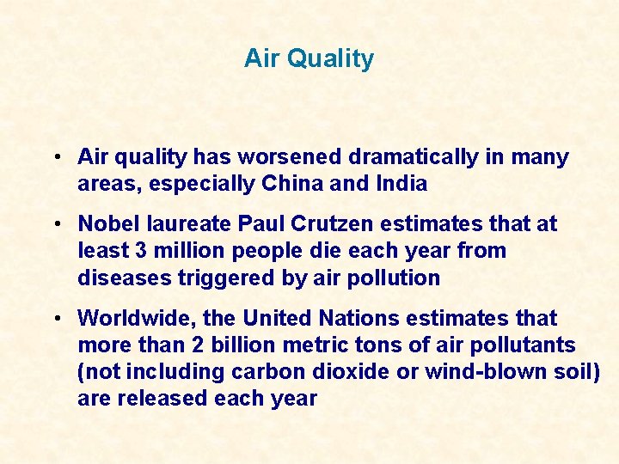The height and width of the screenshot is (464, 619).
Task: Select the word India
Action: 401,184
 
